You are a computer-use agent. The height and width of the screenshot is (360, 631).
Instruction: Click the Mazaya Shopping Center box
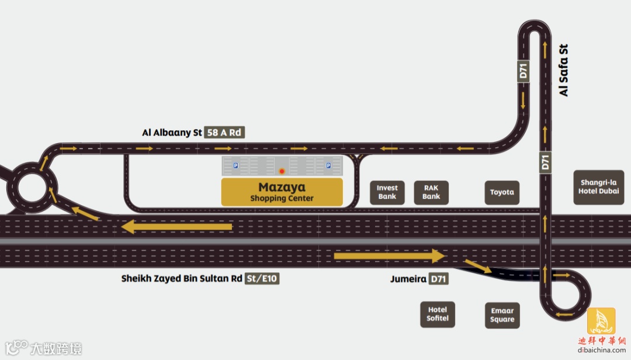pyautogui.click(x=282, y=192)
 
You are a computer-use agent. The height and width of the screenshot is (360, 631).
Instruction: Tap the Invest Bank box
pyautogui.click(x=387, y=192)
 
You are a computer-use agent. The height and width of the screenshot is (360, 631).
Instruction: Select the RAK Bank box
pyautogui.click(x=431, y=192)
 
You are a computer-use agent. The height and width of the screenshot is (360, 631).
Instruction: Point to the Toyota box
pyautogui.click(x=502, y=192)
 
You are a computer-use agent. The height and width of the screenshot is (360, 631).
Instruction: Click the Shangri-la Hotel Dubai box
pyautogui.click(x=599, y=187)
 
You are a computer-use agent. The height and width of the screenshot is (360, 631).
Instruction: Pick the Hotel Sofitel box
pyautogui.click(x=437, y=314)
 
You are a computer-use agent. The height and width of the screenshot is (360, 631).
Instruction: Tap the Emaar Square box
pyautogui.click(x=502, y=315)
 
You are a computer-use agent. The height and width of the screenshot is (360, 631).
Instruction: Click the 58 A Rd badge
pyautogui.click(x=224, y=133)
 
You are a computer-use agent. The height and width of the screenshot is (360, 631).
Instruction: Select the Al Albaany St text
pyautogui.click(x=172, y=133)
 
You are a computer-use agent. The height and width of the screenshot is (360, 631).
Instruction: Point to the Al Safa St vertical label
pyautogui.click(x=563, y=70)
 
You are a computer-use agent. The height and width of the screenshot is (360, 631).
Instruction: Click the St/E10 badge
pyautogui.click(x=262, y=279)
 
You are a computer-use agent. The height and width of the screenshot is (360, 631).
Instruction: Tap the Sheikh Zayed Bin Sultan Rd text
pyautogui.click(x=181, y=279)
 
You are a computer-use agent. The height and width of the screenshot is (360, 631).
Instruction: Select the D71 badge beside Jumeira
pyautogui.click(x=438, y=279)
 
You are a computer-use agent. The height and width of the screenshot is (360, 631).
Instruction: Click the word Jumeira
pyautogui.click(x=408, y=279)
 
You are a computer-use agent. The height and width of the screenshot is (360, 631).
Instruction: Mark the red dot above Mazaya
pyautogui.click(x=282, y=172)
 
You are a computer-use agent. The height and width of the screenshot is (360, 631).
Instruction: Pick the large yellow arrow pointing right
pyautogui.click(x=389, y=255)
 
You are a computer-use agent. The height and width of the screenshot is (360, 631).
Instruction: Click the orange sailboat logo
pyautogui.click(x=601, y=320)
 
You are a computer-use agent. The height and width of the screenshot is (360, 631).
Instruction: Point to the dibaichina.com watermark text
pyautogui.click(x=601, y=350)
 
